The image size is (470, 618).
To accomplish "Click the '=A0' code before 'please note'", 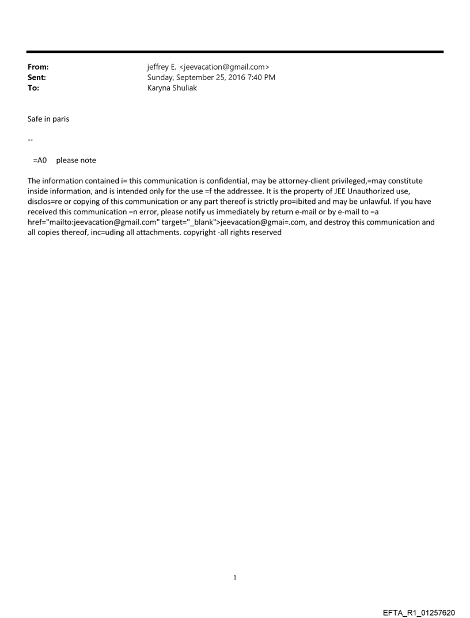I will click(x=40, y=160).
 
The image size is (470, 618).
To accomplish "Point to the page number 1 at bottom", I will click(x=235, y=577).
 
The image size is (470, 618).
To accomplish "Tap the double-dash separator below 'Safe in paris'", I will click(x=30, y=140).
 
